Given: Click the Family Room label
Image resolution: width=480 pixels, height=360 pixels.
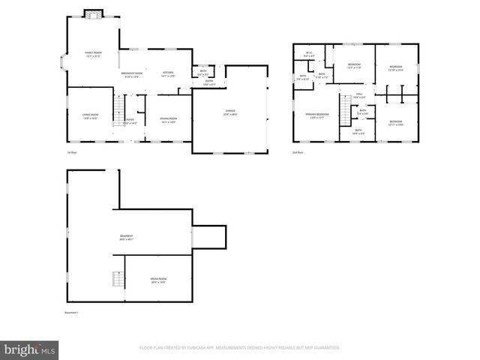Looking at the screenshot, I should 93,52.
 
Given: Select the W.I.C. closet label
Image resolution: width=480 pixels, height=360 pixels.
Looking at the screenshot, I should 309,52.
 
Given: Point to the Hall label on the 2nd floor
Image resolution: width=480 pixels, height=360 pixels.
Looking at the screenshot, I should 358,94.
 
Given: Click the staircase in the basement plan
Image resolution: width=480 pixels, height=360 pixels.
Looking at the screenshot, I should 117,280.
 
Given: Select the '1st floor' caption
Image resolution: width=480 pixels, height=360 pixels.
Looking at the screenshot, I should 72,152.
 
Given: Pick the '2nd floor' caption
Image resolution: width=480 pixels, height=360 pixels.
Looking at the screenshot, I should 298,152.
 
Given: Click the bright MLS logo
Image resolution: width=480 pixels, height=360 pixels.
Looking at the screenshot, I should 30,349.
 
